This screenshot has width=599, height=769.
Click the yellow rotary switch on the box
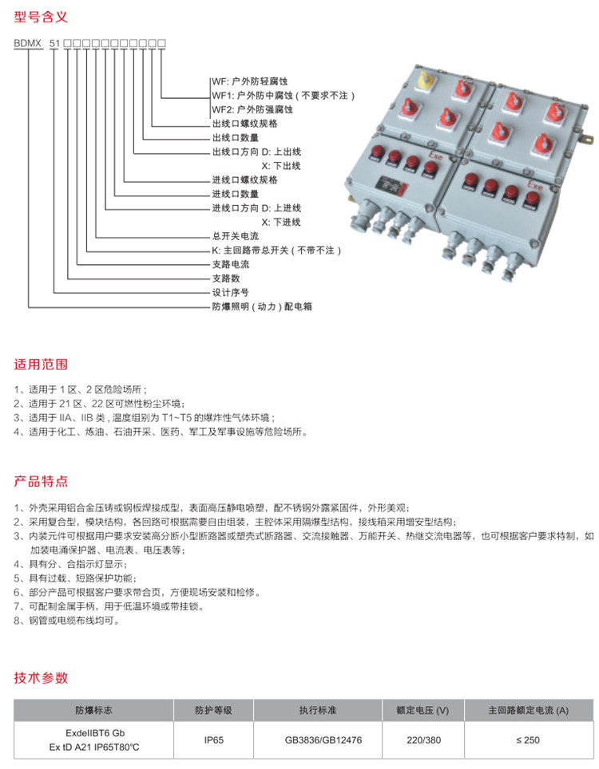tap(424, 81)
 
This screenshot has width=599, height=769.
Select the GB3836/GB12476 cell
tap(323, 739)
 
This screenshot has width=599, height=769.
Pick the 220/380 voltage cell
tap(422, 739)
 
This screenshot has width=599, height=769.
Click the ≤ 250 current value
tap(528, 739)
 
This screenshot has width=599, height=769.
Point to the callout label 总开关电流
tap(236, 237)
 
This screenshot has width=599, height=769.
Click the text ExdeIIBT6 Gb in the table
tap(95, 732)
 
